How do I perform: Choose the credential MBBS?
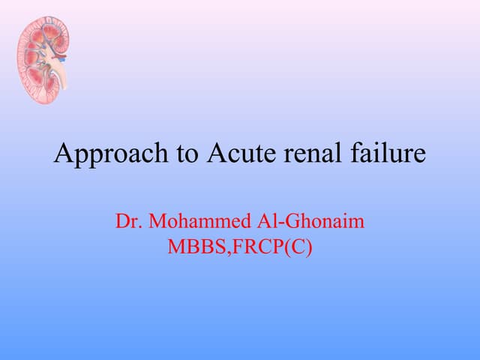click(x=193, y=246)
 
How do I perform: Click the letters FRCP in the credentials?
click(x=255, y=246)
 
